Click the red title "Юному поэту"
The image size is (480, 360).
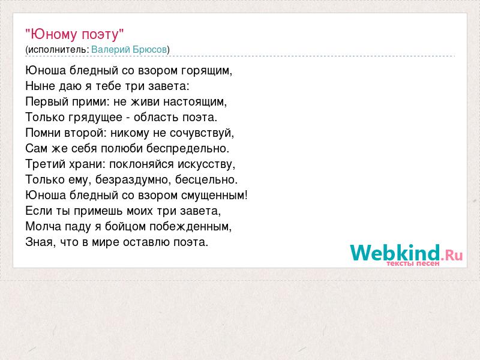click(x=74, y=34)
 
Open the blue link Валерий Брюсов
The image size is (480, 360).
click(x=129, y=49)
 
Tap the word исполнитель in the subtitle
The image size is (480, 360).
click(x=57, y=50)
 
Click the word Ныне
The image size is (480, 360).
click(x=40, y=86)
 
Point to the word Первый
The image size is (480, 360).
click(x=47, y=102)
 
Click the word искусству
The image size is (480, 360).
click(x=205, y=164)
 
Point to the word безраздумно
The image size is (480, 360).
click(x=131, y=180)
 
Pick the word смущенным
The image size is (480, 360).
click(x=212, y=196)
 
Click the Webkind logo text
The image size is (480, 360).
click(x=406, y=252)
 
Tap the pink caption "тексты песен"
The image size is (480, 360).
click(x=413, y=263)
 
